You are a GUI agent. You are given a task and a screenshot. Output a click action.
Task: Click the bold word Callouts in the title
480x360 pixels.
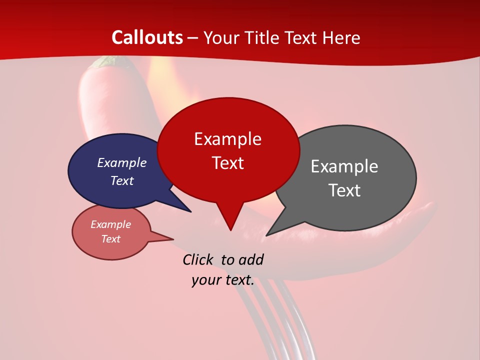coord(147,37)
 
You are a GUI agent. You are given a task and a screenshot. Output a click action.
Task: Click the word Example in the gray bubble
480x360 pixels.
coord(344,166)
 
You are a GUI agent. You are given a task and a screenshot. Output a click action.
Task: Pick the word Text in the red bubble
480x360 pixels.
coord(228,163)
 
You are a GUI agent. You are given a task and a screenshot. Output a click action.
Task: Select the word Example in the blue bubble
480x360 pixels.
coord(122,162)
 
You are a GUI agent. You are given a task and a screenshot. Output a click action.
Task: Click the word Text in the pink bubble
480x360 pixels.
coord(111,239)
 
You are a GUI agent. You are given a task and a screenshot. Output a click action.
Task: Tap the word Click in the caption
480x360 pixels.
coord(198,259)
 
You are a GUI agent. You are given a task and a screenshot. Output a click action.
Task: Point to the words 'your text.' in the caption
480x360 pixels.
coord(223,280)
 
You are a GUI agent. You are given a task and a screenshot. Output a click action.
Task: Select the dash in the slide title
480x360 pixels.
coord(193,38)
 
